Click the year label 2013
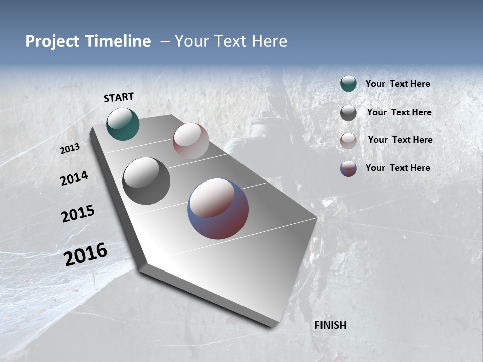pos(70,149)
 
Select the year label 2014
pos(74,178)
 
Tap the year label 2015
pos(78,214)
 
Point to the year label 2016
pos(86,254)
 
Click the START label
pos(119,97)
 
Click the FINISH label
pos(330,325)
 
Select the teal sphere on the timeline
pos(123,124)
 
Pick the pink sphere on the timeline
pos(191,141)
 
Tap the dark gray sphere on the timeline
pos(146,181)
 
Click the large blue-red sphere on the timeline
pos(218,209)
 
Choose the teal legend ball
pos(348,84)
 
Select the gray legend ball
pos(348,113)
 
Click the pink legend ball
pos(348,140)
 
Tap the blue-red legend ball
pos(348,168)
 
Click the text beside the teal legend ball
pos(397,84)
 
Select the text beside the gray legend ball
pos(399,113)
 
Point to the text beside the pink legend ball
pos(400,140)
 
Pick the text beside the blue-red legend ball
pos(397,168)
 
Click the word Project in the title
pos(52,41)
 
